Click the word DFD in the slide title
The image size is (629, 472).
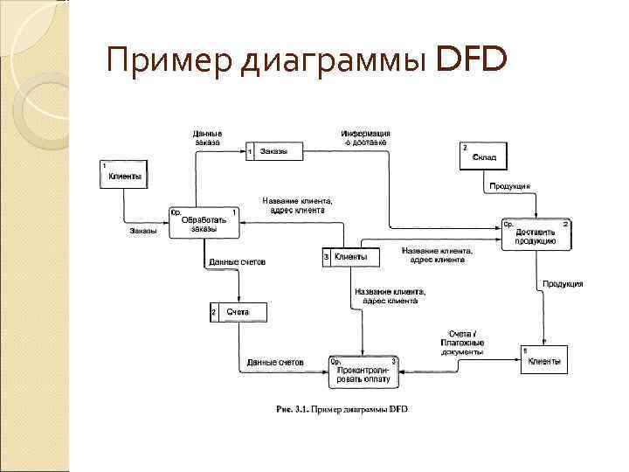pyautogui.click(x=470, y=60)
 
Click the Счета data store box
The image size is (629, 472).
pyautogui.click(x=238, y=312)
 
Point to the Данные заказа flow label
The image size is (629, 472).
pyautogui.click(x=208, y=137)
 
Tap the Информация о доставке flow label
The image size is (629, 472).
pyautogui.click(x=365, y=137)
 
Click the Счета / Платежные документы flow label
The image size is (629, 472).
pyautogui.click(x=462, y=343)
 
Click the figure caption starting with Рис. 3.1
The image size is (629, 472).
pyautogui.click(x=342, y=409)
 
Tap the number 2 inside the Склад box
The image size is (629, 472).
pyautogui.click(x=466, y=147)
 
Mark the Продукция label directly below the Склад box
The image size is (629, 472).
pyautogui.click(x=510, y=186)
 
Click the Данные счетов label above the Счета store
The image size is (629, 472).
pyautogui.click(x=237, y=262)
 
